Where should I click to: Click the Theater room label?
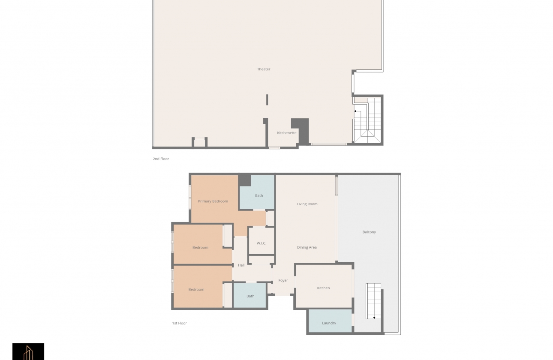(264, 69)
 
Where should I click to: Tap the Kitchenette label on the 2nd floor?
(286, 133)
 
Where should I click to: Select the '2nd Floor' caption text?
(161, 159)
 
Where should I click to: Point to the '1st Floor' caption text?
(179, 323)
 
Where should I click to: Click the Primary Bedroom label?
(213, 201)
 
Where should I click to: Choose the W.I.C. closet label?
(261, 243)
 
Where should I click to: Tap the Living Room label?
(307, 204)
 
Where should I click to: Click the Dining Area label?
(307, 247)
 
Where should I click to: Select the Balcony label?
(369, 232)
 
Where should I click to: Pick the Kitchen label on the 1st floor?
(323, 288)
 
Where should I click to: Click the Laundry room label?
(329, 323)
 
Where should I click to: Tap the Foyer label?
(283, 280)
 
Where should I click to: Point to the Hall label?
(241, 265)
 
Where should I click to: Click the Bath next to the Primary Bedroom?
(259, 195)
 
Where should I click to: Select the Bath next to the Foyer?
(250, 296)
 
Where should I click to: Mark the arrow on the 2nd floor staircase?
(356, 111)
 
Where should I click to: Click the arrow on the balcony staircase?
(374, 318)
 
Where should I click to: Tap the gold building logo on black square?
(28, 352)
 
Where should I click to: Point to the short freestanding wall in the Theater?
(267, 100)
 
